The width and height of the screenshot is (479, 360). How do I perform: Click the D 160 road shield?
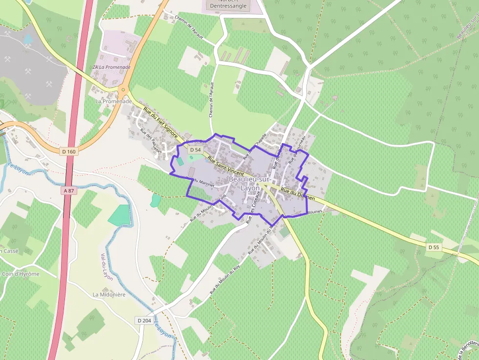[69, 151]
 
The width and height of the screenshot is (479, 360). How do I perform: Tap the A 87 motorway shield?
[69, 191]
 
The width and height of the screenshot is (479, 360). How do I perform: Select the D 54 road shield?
[195, 149]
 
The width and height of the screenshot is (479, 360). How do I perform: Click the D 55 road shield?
[434, 248]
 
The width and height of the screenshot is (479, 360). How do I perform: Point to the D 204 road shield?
[144, 320]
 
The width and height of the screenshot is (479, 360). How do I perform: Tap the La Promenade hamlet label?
[113, 101]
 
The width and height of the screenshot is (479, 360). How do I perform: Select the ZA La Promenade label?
[111, 67]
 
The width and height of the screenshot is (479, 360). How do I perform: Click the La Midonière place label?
[109, 295]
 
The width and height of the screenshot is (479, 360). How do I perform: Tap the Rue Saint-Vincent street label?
[226, 167]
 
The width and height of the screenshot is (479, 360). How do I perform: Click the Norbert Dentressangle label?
[228, 5]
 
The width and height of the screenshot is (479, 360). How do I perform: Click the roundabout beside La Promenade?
[123, 90]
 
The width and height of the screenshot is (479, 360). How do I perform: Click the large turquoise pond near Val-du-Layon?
[119, 214]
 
